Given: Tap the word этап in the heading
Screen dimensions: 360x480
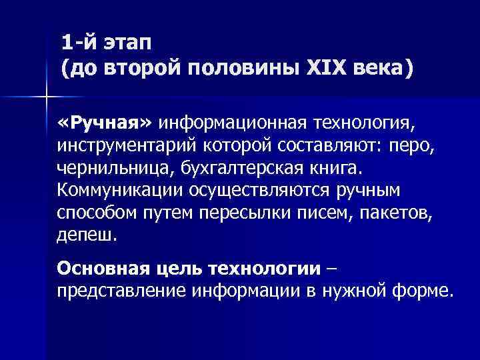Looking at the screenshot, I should pyautogui.click(x=126, y=43).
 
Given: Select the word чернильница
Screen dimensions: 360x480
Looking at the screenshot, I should pyautogui.click(x=111, y=167).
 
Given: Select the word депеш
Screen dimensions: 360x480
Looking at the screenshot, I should pyautogui.click(x=87, y=234).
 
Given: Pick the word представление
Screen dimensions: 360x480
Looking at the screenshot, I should pyautogui.click(x=121, y=291).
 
